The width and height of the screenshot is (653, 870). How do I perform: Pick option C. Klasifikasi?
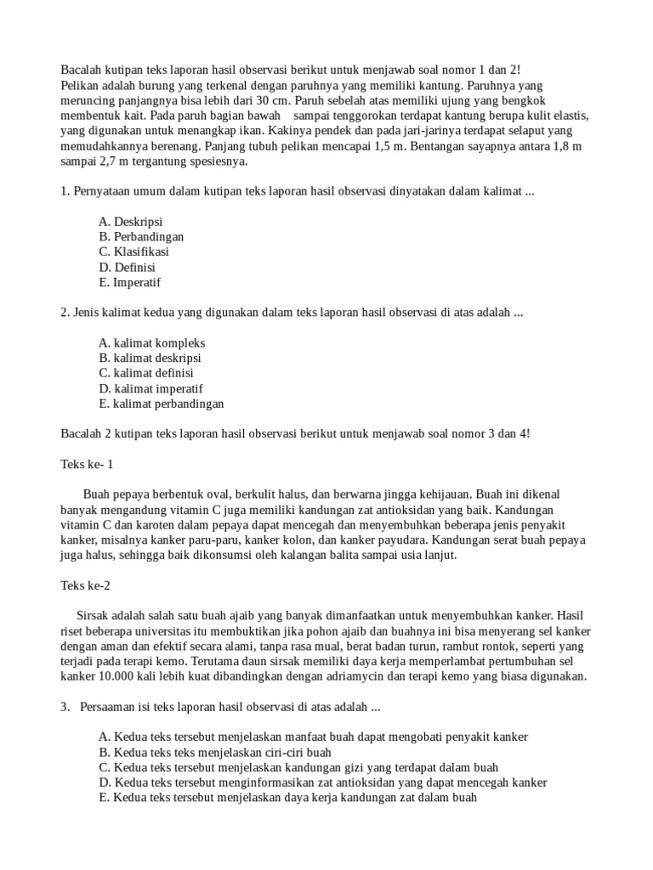coord(133,252)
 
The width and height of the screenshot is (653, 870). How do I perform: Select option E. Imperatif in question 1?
coord(129,283)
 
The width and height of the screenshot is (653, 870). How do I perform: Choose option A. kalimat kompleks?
coord(151,343)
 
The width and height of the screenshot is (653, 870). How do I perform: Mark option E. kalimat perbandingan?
coord(161,404)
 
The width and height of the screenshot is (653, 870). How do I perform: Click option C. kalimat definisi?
coord(145,374)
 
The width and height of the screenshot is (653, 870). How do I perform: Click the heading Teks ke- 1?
coord(87,465)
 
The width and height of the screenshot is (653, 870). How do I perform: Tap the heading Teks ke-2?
coord(85,585)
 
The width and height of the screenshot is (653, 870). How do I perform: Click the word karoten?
coord(149,525)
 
